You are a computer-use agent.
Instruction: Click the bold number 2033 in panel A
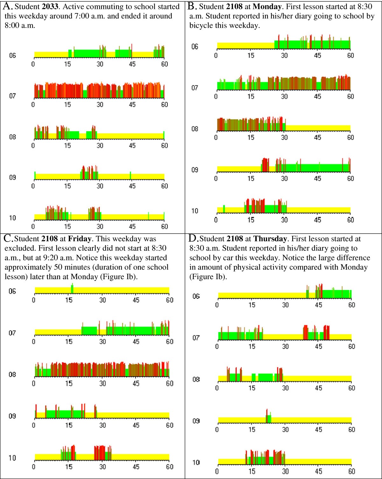click(x=50, y=7)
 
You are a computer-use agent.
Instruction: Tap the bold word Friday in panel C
click(x=80, y=239)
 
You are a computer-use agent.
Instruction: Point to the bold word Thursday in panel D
click(x=270, y=239)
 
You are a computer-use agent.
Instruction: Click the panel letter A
click(x=7, y=6)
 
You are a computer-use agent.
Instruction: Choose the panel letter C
click(x=8, y=238)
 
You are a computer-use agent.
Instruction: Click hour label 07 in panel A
click(x=12, y=96)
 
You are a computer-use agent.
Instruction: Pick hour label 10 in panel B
click(x=195, y=211)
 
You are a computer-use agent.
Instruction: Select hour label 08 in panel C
click(x=12, y=374)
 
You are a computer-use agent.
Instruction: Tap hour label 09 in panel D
click(x=196, y=421)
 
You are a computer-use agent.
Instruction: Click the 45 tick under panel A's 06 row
click(x=132, y=64)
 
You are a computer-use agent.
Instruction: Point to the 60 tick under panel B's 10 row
click(x=350, y=220)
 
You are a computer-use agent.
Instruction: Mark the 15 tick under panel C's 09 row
click(x=69, y=425)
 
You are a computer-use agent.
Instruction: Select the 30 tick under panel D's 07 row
click(x=285, y=346)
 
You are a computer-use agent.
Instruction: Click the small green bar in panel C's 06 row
click(x=72, y=289)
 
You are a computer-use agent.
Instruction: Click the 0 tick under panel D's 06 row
click(x=217, y=305)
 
